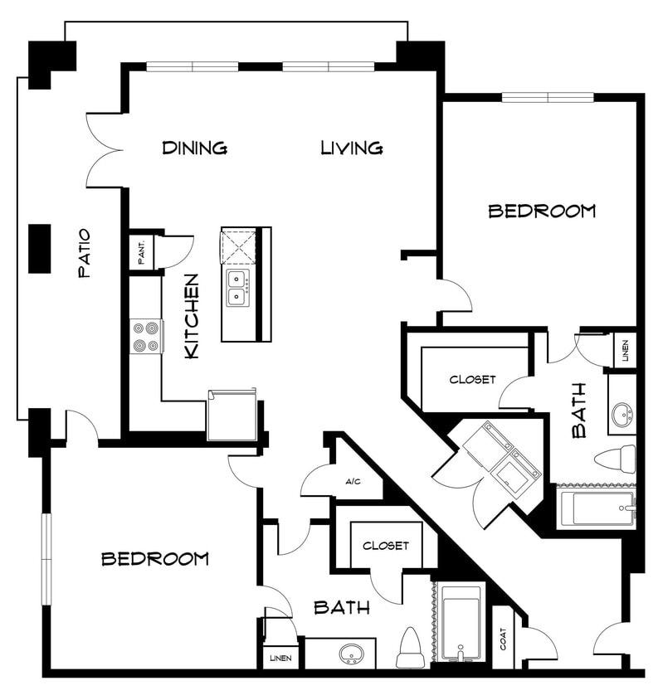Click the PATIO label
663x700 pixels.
tap(84, 253)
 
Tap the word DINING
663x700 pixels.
tap(194, 148)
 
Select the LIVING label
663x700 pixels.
tap(352, 148)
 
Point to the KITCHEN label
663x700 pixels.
tap(192, 316)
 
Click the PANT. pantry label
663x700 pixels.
tap(141, 252)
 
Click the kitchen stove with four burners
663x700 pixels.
tap(146, 336)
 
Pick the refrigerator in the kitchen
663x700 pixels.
tap(232, 416)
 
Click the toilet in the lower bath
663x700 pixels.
tap(410, 649)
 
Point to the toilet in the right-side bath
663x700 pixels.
tap(615, 459)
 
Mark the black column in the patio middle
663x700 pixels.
tap(39, 248)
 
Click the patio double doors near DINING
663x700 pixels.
tap(105, 150)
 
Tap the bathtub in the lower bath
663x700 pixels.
tap(461, 623)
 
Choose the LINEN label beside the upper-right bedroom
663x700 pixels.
tap(625, 349)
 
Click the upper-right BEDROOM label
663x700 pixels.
tap(541, 211)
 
